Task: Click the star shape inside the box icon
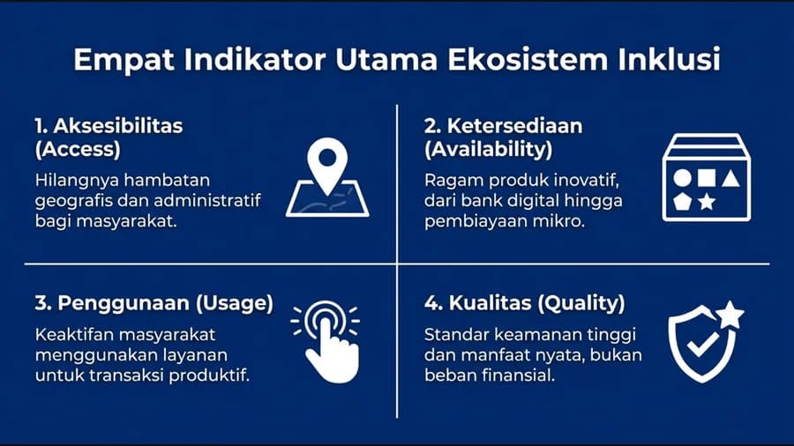click(x=706, y=203)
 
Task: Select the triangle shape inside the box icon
click(x=730, y=178)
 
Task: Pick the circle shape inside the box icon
click(x=682, y=178)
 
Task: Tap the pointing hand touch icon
click(x=327, y=344)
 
